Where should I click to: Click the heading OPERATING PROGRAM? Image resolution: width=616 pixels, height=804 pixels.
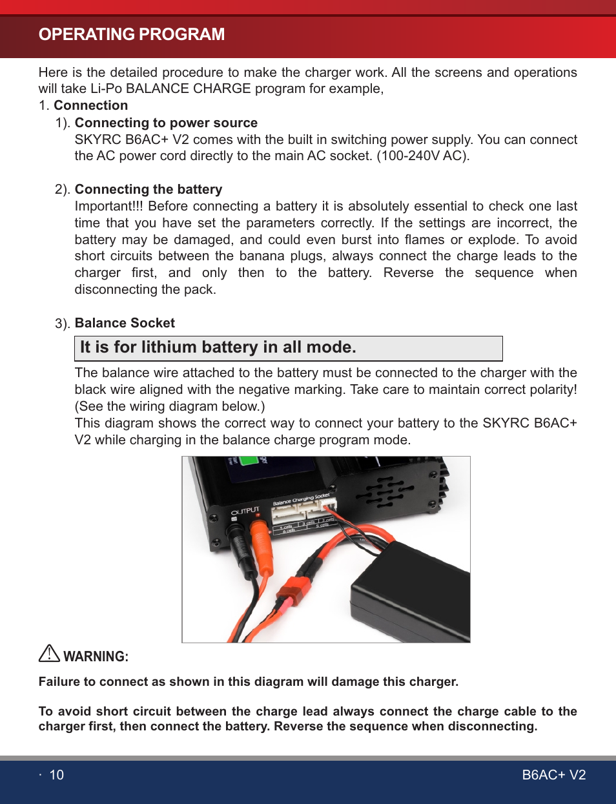point(132,34)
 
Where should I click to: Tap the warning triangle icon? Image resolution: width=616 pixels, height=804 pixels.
point(49,654)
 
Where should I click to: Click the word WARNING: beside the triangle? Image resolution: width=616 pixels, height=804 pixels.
point(96,657)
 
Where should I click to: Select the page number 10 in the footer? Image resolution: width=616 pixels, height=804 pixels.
point(57,775)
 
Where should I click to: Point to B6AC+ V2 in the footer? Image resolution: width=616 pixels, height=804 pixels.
point(553,775)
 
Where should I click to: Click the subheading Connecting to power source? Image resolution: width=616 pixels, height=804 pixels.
point(166,123)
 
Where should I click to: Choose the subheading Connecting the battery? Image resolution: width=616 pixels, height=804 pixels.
point(149,189)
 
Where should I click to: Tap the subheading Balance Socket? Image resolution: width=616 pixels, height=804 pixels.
point(125,323)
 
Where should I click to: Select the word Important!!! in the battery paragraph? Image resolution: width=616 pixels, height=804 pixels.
point(109,206)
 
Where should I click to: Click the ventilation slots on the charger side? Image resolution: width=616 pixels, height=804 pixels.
point(385,492)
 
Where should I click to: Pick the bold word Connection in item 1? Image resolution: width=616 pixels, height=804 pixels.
point(90,105)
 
